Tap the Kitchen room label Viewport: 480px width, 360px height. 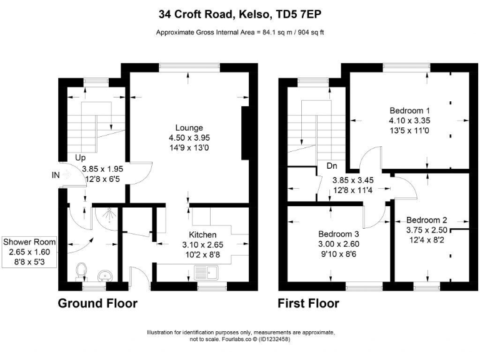[x=203, y=235]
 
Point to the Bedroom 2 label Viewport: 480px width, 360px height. [x=427, y=220]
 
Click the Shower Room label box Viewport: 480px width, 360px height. [x=29, y=252]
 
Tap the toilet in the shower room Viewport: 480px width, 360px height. [x=80, y=270]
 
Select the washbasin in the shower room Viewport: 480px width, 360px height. [x=105, y=274]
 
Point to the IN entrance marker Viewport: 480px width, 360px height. [x=56, y=176]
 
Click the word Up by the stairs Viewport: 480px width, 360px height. [x=79, y=159]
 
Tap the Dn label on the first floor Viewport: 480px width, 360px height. [x=332, y=166]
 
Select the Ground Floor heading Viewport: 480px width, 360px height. [x=97, y=304]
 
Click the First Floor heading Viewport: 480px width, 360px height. [x=309, y=304]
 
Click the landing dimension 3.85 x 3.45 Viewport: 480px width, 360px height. [x=352, y=180]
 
